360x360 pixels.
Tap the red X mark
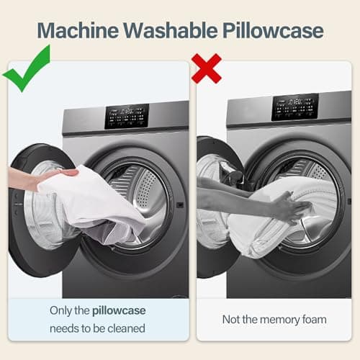tap(207, 68)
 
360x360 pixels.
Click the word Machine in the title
tap(78, 30)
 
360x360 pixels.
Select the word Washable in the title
tap(171, 30)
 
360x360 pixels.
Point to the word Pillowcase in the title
tap(273, 30)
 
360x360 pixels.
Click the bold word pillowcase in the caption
tap(119, 311)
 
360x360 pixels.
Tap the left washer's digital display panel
tap(127, 116)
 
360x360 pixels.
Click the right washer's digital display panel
tap(295, 107)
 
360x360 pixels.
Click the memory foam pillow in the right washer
tap(281, 221)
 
